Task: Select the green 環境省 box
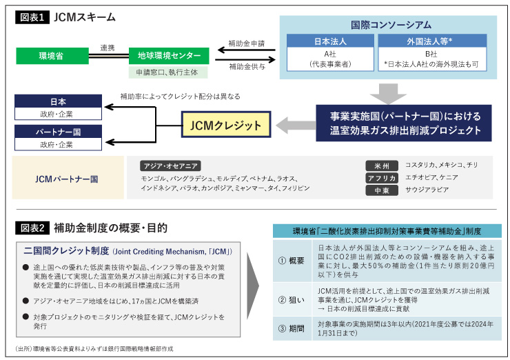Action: point(52,55)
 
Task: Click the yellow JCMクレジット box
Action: point(225,126)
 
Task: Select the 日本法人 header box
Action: point(329,41)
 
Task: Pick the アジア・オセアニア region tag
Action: point(170,166)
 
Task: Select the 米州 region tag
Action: point(381,166)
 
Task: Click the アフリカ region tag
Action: point(381,177)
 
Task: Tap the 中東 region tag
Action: point(381,190)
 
